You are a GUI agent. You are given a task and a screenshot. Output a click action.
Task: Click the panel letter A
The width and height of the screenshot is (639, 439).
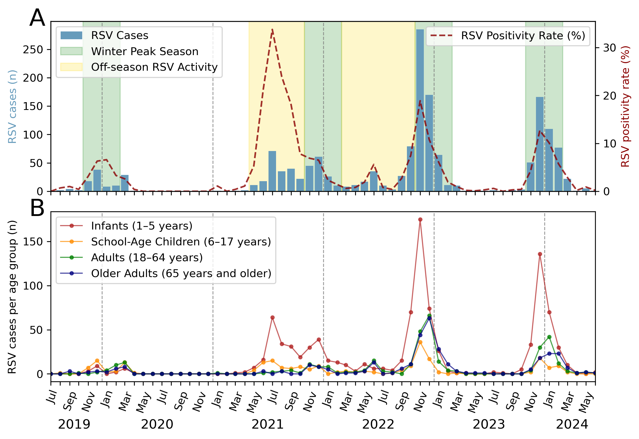click(37, 18)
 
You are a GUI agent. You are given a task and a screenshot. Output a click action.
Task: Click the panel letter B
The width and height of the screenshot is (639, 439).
click(37, 208)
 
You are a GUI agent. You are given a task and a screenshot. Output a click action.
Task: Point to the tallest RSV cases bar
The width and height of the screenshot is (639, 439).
click(420, 110)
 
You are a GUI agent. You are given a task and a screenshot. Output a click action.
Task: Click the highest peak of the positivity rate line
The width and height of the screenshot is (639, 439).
click(272, 29)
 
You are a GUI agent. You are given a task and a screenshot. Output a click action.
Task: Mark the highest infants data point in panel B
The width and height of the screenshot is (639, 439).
click(420, 219)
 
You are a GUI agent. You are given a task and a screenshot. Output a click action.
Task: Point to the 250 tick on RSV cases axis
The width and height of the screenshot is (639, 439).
click(33, 50)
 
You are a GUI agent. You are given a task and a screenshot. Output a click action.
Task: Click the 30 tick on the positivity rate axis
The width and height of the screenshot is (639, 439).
click(610, 48)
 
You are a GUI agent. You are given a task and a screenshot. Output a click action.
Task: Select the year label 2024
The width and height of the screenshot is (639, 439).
click(572, 424)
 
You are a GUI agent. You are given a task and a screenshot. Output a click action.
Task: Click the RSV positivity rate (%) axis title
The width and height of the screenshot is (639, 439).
click(626, 107)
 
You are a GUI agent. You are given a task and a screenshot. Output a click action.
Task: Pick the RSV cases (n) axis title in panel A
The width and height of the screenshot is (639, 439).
click(12, 107)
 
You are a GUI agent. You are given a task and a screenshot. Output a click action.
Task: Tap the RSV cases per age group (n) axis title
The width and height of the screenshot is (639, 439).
click(12, 297)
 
